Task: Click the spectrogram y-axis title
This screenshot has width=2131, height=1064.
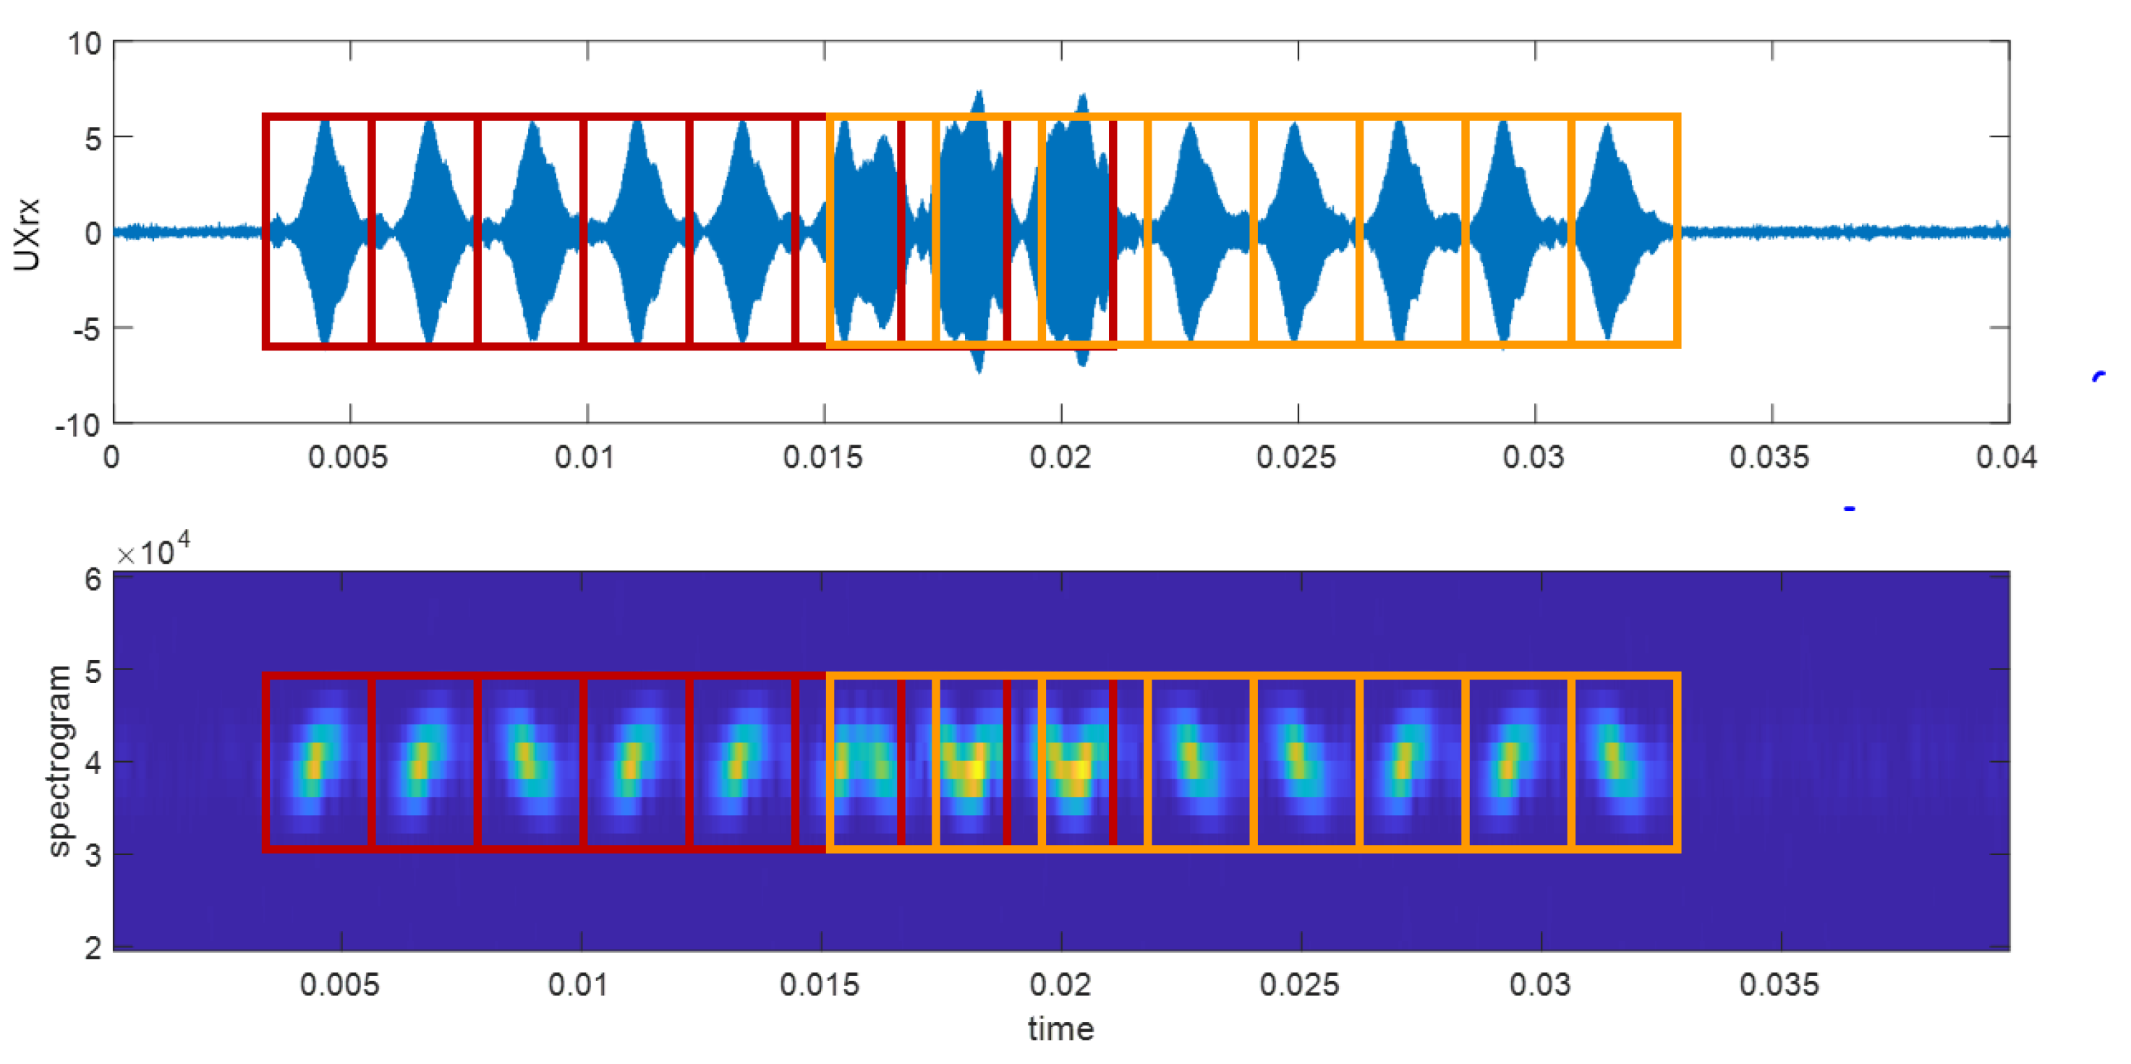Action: click(58, 760)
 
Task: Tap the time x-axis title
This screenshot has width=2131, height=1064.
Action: click(1060, 1029)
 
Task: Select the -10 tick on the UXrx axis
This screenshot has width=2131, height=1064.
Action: click(78, 425)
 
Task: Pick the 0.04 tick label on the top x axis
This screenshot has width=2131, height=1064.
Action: click(2007, 457)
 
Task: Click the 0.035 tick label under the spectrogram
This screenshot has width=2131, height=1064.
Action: click(1779, 984)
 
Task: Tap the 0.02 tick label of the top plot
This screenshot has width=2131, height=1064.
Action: click(1060, 457)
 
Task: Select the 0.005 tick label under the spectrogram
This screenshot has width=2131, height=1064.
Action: click(339, 984)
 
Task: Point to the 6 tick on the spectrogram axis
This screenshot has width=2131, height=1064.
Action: click(93, 579)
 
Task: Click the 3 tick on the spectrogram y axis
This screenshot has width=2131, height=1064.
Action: click(93, 855)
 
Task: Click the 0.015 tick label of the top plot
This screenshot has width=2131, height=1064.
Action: click(823, 457)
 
